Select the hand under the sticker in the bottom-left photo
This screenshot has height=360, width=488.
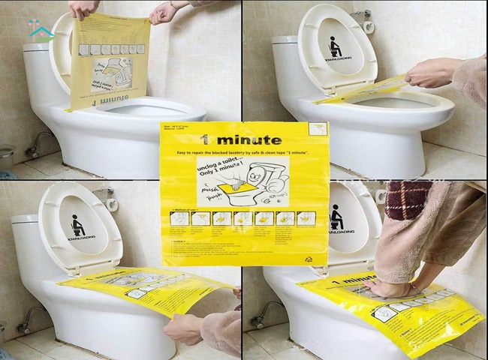point(182,328)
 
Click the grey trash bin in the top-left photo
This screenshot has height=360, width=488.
point(6,157)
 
